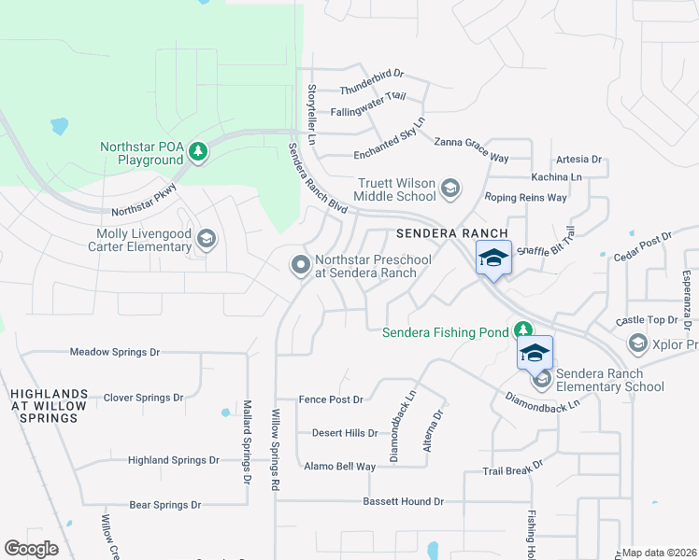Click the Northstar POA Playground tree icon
pos(197,151)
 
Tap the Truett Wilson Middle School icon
pos(450,188)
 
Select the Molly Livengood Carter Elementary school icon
pos(207,240)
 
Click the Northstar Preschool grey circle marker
pos(301,266)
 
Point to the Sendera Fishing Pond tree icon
pos(524,330)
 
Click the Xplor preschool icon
pos(638,344)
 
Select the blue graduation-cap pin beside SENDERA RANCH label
pos(493,259)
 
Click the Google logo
pos(31,549)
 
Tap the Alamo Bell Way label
pos(339,466)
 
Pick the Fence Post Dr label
pos(330,399)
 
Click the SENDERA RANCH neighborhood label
pos(451,232)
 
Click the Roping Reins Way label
pos(525,198)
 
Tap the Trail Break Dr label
pos(512,468)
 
